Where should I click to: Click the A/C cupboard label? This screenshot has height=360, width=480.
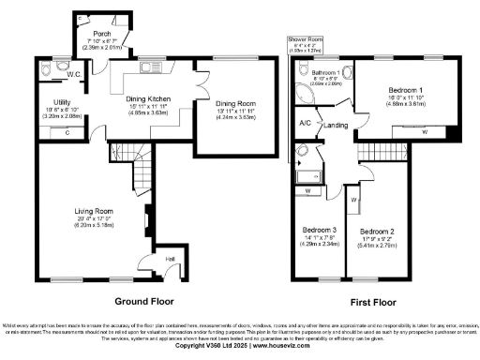point(305,122)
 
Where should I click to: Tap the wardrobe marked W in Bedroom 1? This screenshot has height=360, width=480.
point(426,131)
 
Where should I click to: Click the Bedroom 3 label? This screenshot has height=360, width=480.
point(318,230)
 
